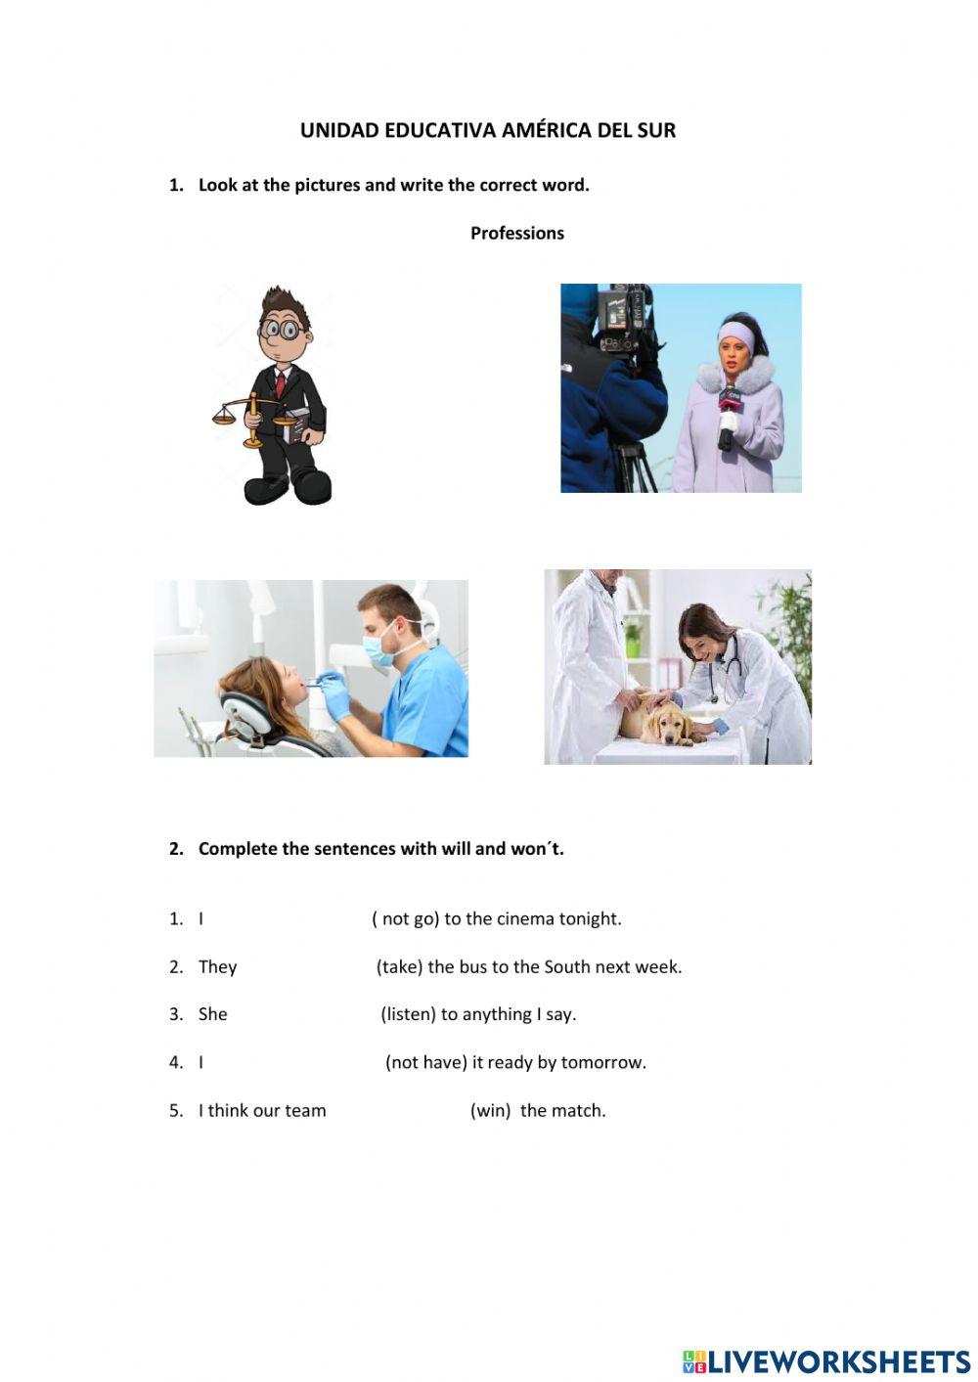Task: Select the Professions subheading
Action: tap(517, 233)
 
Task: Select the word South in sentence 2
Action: tap(567, 966)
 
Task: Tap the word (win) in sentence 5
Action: tap(491, 1110)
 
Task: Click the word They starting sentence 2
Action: tap(218, 967)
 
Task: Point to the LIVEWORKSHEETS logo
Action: tap(826, 1361)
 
